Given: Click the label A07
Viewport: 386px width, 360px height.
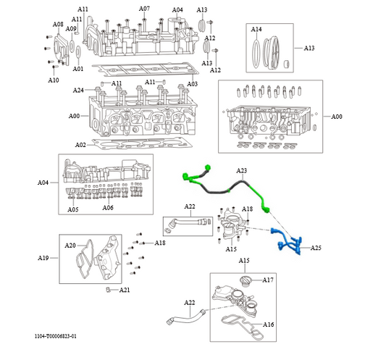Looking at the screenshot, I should coord(144,9).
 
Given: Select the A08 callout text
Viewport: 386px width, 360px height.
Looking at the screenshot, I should coord(58,24).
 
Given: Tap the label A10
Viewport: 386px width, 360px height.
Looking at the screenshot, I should coord(54,80).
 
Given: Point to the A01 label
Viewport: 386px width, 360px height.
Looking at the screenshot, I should coord(79,70).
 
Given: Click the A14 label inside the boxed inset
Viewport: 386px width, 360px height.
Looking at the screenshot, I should coord(256,30).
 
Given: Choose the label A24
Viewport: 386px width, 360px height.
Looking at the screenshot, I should coord(79,91).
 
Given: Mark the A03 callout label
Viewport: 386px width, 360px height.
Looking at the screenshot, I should coord(192,84).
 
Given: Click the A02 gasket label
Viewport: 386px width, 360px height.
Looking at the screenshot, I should coord(80,145).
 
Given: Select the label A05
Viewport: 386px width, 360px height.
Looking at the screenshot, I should coord(73,209).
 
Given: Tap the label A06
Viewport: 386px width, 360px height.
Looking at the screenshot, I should coord(107,208).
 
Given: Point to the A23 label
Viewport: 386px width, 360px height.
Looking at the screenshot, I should coord(242,170).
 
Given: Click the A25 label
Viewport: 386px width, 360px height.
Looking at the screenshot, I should coord(316,248).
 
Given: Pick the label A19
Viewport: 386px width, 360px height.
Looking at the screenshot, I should coord(43,257).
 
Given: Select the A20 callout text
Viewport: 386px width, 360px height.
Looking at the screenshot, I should coord(70,246).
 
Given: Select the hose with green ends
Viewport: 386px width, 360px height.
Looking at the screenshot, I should coord(225,188).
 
